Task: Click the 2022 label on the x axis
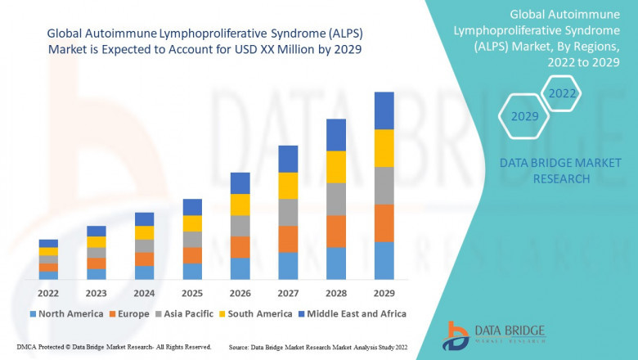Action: [x=48, y=293]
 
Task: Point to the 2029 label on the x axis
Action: [x=384, y=293]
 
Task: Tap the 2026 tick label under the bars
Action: [x=240, y=293]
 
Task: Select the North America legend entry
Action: [x=65, y=313]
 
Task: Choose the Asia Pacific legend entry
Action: [x=185, y=313]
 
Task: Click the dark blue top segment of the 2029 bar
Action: [x=384, y=110]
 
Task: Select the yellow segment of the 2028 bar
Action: [x=336, y=167]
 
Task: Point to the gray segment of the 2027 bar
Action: [x=288, y=212]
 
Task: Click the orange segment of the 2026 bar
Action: [x=240, y=247]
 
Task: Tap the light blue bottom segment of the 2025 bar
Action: [x=192, y=272]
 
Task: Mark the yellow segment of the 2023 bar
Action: [x=97, y=241]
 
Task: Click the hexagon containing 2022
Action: [x=562, y=93]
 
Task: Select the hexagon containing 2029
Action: [x=524, y=117]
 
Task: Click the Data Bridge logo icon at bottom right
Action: [x=455, y=335]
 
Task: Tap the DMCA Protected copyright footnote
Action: [x=114, y=348]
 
